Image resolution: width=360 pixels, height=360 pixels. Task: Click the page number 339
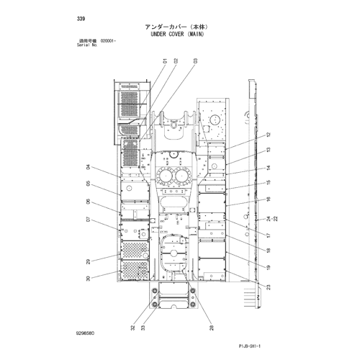point(81,19)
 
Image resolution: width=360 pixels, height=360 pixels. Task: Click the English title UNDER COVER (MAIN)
point(177,34)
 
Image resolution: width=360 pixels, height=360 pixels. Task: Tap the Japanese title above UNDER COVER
point(176,27)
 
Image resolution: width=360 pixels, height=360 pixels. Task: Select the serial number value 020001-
point(108,41)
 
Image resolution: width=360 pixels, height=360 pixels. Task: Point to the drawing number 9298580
point(85,333)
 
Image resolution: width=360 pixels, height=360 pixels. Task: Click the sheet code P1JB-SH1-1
point(250,346)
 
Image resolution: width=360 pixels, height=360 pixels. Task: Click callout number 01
point(165,61)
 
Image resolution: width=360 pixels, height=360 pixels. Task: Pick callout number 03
point(195,61)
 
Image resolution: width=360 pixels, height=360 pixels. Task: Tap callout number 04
point(88,167)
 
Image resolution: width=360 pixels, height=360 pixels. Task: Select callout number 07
point(88,220)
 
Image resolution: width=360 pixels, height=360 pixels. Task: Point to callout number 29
point(88,261)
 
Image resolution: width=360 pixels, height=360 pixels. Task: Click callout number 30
point(88,279)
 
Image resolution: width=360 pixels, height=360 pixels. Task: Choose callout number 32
point(133,328)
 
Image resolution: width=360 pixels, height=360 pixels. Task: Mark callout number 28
point(212,328)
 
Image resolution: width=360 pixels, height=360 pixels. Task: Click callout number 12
point(269,135)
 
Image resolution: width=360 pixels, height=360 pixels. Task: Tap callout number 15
point(269,182)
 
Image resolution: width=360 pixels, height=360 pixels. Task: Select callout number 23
point(269,287)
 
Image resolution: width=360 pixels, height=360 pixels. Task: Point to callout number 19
point(269,267)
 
